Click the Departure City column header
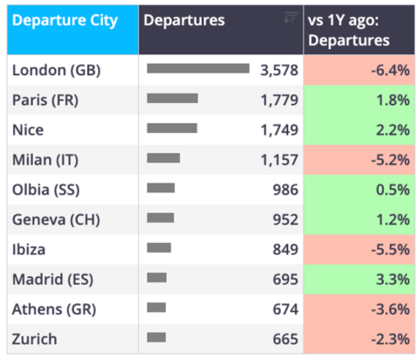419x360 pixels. [65, 20]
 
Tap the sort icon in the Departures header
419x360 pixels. [291, 17]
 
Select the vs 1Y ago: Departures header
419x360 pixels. [349, 31]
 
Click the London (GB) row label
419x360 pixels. [57, 70]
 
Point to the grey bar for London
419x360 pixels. [198, 68]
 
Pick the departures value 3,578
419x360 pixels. [279, 70]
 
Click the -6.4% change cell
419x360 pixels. [359, 70]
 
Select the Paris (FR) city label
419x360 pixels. [45, 100]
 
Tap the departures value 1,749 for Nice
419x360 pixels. [279, 130]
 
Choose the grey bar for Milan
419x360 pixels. [163, 158]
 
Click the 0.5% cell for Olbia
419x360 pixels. [359, 190]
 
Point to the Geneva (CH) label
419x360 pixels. [56, 219]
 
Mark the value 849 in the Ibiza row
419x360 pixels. [285, 250]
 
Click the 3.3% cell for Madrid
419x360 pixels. [359, 280]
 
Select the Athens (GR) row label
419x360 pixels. [54, 309]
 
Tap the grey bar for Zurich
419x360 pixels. [156, 337]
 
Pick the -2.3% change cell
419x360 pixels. [359, 339]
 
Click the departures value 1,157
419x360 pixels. [279, 160]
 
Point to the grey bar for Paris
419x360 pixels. [173, 99]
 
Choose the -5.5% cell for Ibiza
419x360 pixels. [359, 250]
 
